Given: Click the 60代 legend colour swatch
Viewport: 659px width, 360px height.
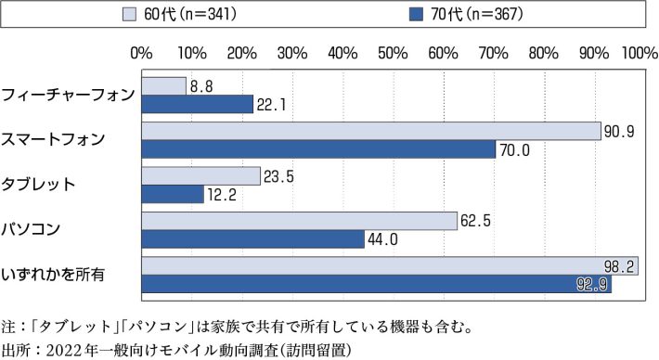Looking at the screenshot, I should tap(130, 14).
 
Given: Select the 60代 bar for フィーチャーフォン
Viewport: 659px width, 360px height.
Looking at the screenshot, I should tap(164, 86).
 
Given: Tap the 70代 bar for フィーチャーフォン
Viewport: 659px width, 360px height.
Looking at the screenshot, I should tap(198, 104).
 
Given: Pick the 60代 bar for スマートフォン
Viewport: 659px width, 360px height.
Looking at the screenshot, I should tap(371, 132).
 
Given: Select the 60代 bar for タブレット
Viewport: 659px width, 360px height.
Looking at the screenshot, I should tap(201, 176).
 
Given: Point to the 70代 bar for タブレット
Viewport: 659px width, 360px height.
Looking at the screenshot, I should tap(173, 194).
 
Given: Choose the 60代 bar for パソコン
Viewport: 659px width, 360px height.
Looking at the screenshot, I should tap(300, 222).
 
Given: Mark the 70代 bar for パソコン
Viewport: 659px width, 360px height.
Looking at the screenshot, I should tap(253, 239).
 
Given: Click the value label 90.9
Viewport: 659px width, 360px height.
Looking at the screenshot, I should tap(618, 132).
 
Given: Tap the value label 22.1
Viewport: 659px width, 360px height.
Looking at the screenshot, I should tap(270, 105).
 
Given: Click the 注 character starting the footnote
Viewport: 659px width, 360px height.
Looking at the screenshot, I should tap(10, 327).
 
